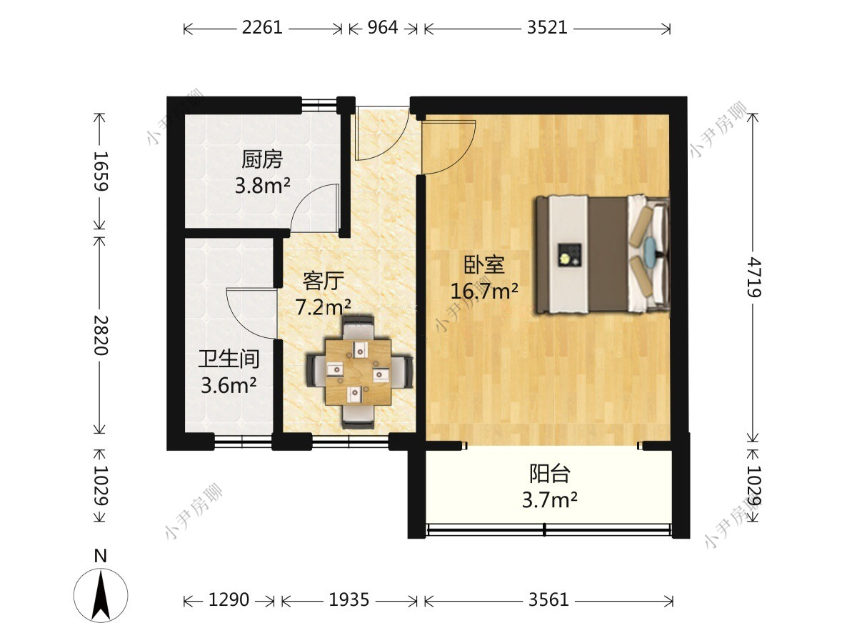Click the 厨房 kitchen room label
(x=261, y=159)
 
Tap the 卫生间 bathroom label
(x=229, y=359)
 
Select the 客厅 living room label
(x=324, y=281)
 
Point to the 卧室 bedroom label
(x=484, y=264)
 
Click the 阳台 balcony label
(x=550, y=474)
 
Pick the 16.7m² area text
(x=484, y=291)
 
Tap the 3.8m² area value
(x=262, y=186)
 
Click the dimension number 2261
(x=262, y=28)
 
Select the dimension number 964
(x=383, y=28)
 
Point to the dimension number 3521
(x=547, y=28)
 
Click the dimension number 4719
(x=754, y=278)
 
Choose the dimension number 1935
(x=349, y=600)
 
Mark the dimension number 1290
(x=229, y=600)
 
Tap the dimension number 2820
(x=101, y=335)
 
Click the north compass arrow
(x=101, y=595)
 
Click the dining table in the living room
(x=359, y=372)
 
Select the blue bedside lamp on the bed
(x=650, y=253)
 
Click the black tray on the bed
(x=570, y=255)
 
